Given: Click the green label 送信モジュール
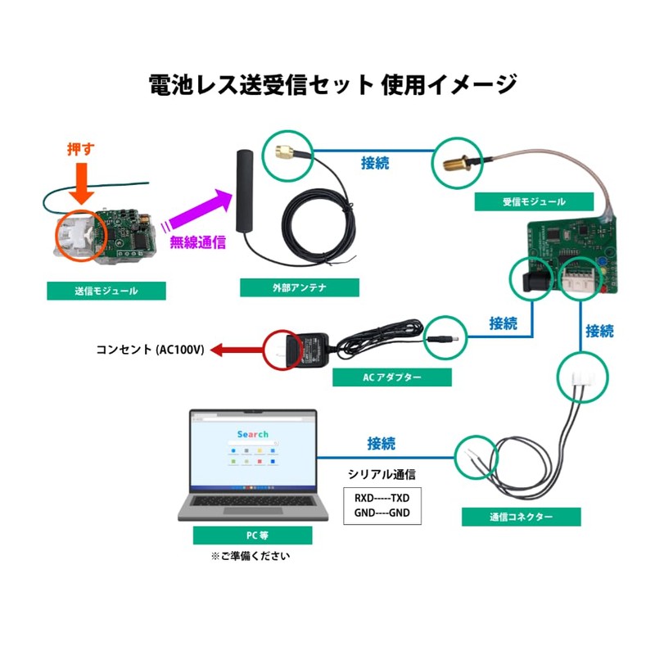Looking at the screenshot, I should pos(106,291).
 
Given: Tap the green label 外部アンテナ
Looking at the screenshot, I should pos(300,287).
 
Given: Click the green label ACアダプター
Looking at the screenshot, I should pos(392,377).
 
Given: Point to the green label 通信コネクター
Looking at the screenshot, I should pos(521,517).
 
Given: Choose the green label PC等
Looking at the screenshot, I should pos(253,535).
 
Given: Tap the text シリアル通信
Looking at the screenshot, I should pos(382,475).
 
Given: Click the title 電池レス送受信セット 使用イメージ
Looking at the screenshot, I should pos(327,84).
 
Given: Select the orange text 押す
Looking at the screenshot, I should pos(80,150).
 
